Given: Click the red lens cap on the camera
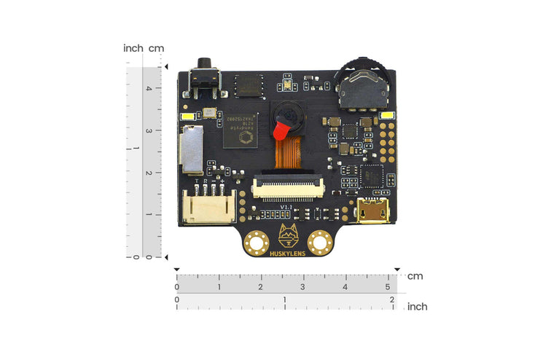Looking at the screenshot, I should pyautogui.click(x=278, y=131).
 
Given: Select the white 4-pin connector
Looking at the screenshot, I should pyautogui.click(x=208, y=207).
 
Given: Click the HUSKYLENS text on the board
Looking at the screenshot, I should pyautogui.click(x=287, y=254).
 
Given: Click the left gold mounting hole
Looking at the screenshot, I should pyautogui.click(x=256, y=240).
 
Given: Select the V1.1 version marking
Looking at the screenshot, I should pyautogui.click(x=286, y=208).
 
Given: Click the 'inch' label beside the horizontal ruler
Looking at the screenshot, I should pyautogui.click(x=417, y=307).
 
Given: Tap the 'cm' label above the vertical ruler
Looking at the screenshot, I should pyautogui.click(x=156, y=48).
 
